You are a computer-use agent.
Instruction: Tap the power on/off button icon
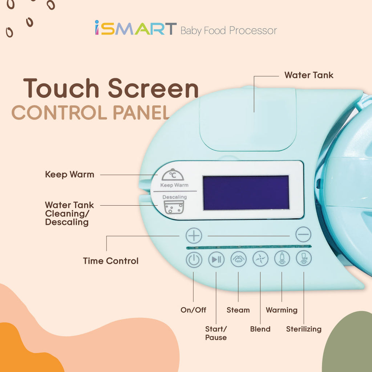pyautogui.click(x=194, y=260)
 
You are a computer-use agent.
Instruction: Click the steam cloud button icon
pyautogui.click(x=238, y=259)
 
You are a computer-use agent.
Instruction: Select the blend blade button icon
pyautogui.click(x=260, y=259)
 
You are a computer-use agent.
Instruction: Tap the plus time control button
pyautogui.click(x=194, y=235)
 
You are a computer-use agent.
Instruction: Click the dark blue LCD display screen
pyautogui.click(x=246, y=193)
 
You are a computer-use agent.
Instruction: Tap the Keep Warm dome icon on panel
pyautogui.click(x=173, y=175)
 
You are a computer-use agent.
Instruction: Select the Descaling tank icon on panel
pyautogui.click(x=174, y=207)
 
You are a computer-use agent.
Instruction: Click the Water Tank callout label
pyautogui.click(x=309, y=75)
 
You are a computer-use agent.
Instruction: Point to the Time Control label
pyautogui.click(x=110, y=261)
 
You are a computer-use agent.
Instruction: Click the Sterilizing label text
pyautogui.click(x=304, y=329)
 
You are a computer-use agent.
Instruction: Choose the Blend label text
pyautogui.click(x=260, y=329)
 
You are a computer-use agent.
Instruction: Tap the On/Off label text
pyautogui.click(x=193, y=310)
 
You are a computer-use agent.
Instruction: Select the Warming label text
pyautogui.click(x=282, y=310)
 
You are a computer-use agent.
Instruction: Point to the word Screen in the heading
pyautogui.click(x=153, y=88)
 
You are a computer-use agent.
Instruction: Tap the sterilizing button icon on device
pyautogui.click(x=304, y=258)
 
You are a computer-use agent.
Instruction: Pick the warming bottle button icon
pyautogui.click(x=282, y=258)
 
